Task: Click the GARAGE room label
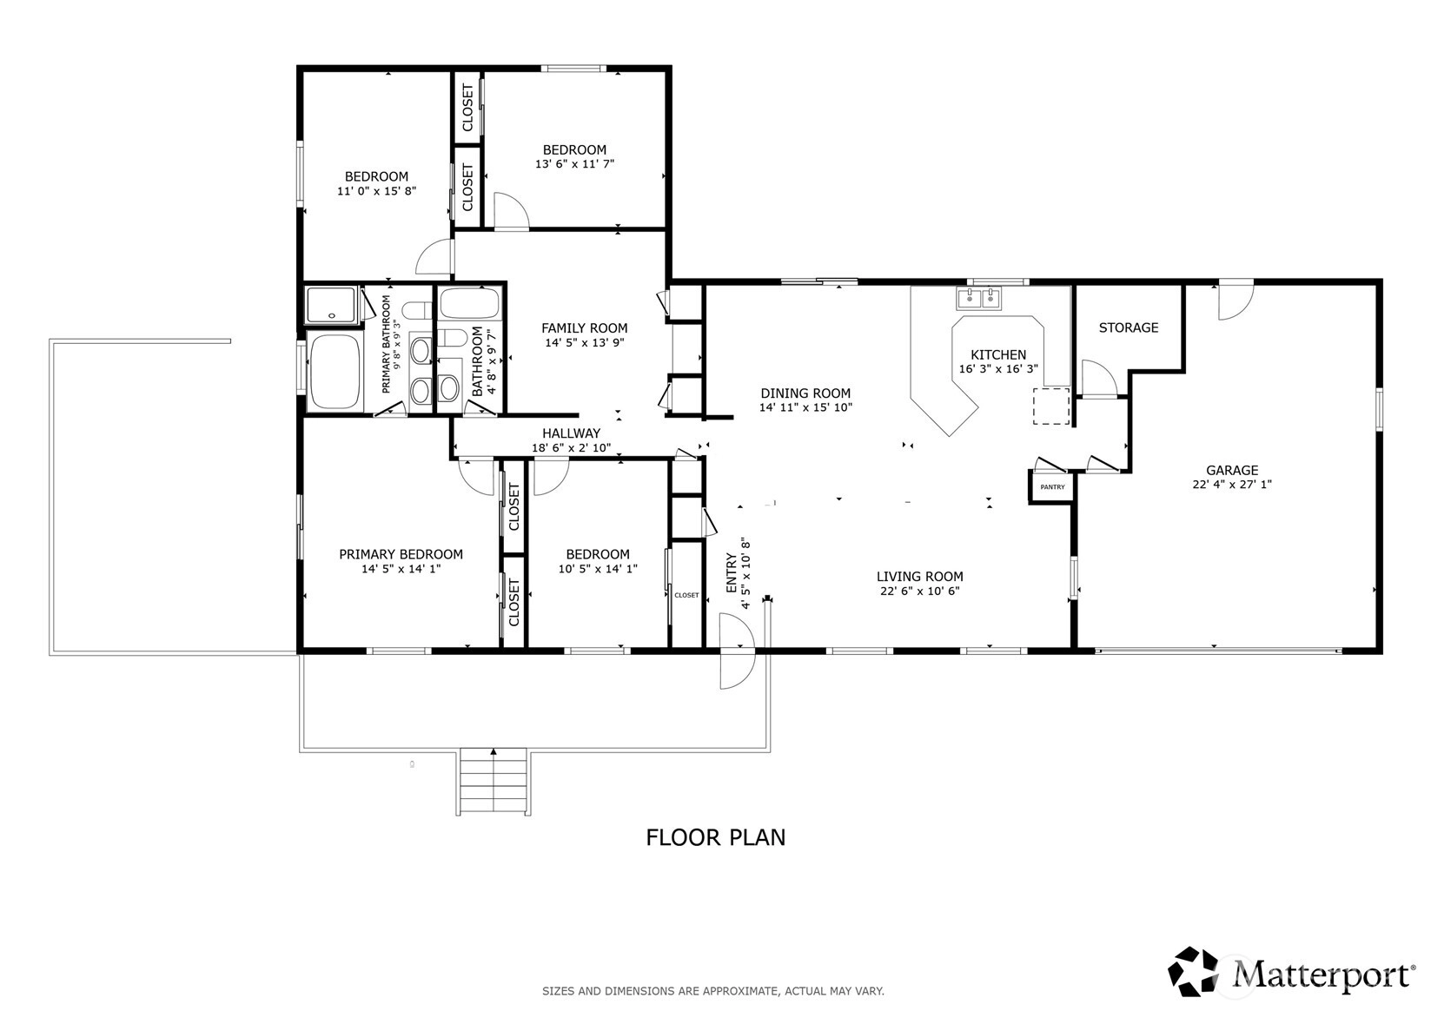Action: click(x=1232, y=470)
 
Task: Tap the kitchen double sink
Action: click(x=978, y=298)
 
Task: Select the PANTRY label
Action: click(x=1052, y=486)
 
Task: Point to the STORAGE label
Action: click(x=1128, y=327)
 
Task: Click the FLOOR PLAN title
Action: click(x=716, y=837)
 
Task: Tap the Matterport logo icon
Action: click(x=1192, y=971)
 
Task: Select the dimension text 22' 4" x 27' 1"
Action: click(x=1232, y=484)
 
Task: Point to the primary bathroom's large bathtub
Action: click(x=335, y=370)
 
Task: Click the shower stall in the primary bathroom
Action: click(x=331, y=305)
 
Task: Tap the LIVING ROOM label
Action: click(x=919, y=577)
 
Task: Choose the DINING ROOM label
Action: click(x=805, y=393)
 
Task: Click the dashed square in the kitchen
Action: click(x=1051, y=406)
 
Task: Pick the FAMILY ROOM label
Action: click(x=584, y=328)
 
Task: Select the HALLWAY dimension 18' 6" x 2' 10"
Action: click(x=571, y=447)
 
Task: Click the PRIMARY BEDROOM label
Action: click(x=401, y=554)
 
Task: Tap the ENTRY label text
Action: click(x=732, y=573)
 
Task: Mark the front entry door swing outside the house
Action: click(x=737, y=671)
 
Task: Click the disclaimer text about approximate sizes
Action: click(x=713, y=991)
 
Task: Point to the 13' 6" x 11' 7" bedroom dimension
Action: click(x=574, y=164)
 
